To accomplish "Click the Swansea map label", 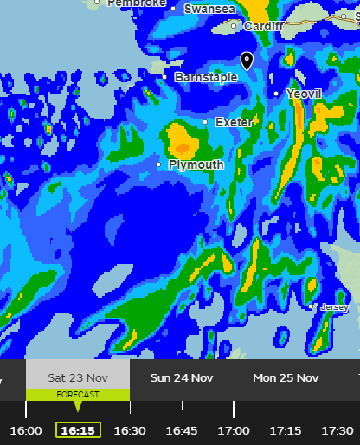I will point(209,9).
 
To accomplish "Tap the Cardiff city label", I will point(263,27).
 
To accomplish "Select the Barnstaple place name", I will point(205,77).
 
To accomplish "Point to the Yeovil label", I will point(303,94).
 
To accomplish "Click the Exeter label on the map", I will point(233,122).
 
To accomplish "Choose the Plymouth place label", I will point(196,164).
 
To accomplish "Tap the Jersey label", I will point(334,307).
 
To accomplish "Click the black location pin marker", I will point(247,60).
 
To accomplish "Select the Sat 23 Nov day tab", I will point(78,377).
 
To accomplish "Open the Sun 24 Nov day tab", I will point(182,377).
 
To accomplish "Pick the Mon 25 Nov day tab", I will point(286,377).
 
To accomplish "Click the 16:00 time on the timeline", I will point(26,430).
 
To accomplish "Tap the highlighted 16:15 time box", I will point(78,430).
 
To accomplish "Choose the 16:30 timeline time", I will point(130,430).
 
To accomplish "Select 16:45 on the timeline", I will point(182,430).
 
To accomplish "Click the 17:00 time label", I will point(234,430).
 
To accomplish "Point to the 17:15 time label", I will point(286,430).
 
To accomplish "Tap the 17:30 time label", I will point(337,430).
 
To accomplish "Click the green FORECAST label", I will point(78,395).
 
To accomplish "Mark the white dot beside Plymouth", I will point(158,164).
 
